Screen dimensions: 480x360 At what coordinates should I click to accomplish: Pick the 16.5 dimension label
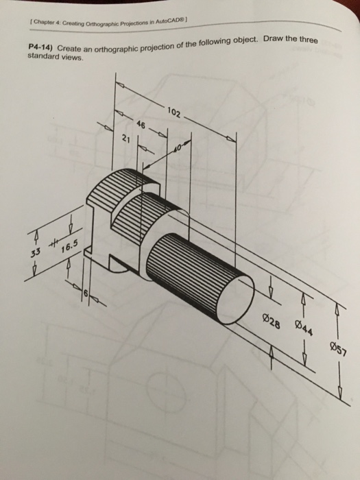click(x=71, y=249)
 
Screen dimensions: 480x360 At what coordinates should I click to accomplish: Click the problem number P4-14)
click(x=40, y=50)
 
